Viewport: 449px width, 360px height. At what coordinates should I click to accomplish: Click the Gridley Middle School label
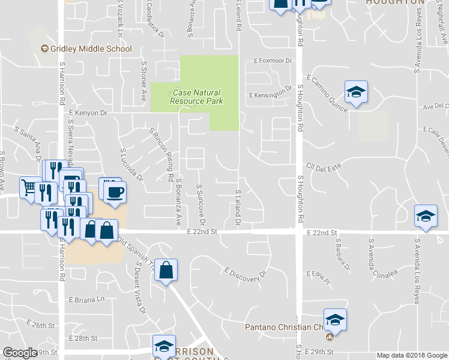[x=90, y=49]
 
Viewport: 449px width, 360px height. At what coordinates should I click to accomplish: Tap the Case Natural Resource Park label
[x=196, y=97]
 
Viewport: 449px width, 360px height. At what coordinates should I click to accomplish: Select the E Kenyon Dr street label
[x=88, y=112]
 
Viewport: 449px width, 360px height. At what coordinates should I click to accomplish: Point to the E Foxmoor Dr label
[x=273, y=61]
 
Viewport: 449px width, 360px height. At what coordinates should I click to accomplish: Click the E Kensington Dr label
[x=270, y=95]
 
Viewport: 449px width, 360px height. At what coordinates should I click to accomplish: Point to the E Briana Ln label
[x=87, y=299]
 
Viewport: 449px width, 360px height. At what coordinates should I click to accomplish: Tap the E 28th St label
[x=83, y=338]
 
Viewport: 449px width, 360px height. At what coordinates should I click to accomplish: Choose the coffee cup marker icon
[x=115, y=192]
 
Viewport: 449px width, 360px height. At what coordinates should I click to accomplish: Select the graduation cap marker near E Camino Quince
[x=356, y=92]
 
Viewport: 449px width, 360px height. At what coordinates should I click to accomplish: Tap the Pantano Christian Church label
[x=285, y=328]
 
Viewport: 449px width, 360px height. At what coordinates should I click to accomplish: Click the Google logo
[x=20, y=353]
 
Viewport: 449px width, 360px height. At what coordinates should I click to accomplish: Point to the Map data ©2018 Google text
[x=411, y=355]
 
